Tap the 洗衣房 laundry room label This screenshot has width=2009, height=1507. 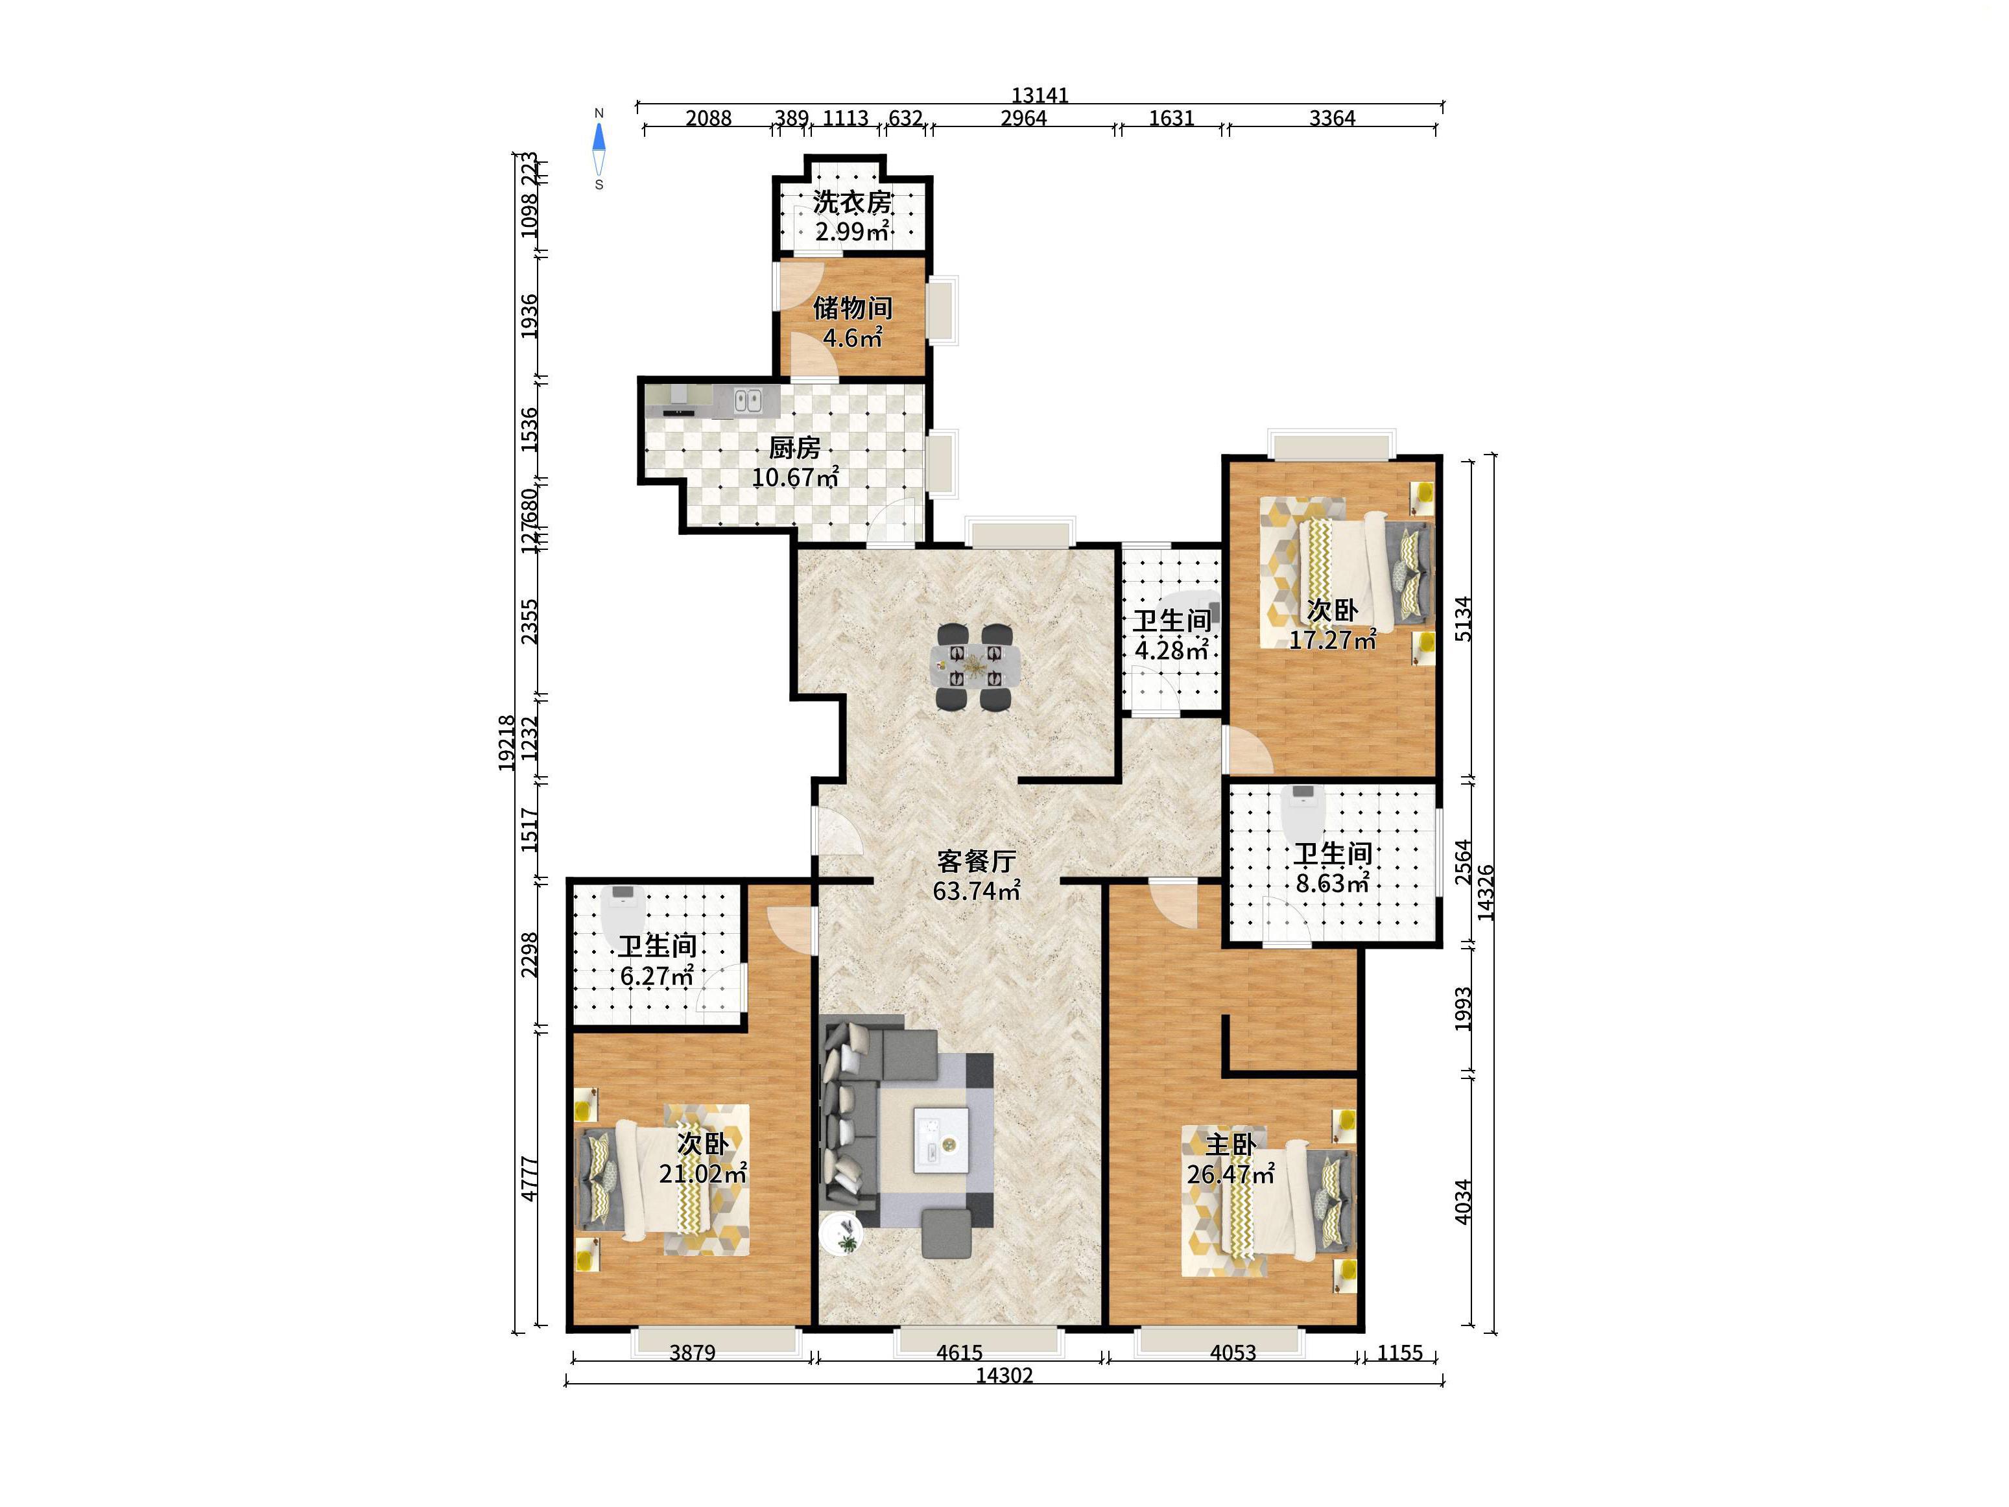click(852, 202)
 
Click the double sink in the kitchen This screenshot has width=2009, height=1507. click(748, 399)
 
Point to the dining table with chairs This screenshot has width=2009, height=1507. click(975, 667)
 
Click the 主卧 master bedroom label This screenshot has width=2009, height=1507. click(1231, 1145)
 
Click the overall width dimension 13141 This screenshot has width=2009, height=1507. click(1040, 95)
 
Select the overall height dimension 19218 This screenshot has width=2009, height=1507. click(507, 743)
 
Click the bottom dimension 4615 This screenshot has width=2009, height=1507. click(959, 1353)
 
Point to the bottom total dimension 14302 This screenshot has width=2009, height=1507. click(1004, 1375)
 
